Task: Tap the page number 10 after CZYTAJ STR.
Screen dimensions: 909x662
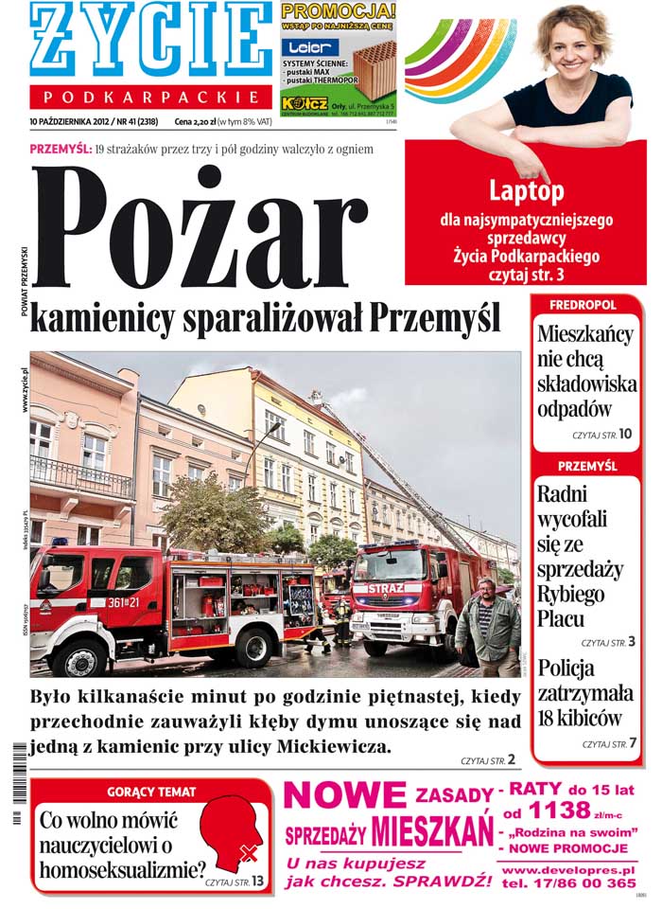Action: point(626,434)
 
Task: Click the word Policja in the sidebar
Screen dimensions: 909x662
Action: point(566,668)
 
